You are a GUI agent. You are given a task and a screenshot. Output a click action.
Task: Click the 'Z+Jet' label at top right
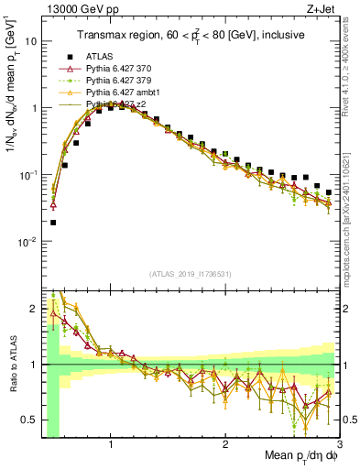click(x=325, y=10)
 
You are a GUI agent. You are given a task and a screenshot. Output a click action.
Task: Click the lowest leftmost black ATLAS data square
click(x=53, y=223)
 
